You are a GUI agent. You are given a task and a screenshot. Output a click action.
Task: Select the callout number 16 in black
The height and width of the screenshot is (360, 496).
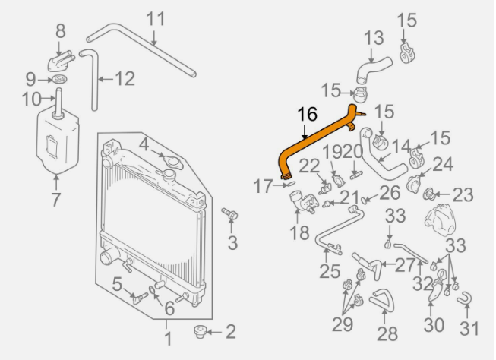pyautogui.click(x=307, y=114)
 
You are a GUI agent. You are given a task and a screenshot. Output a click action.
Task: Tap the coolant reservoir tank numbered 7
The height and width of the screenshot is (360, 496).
pyautogui.click(x=57, y=141)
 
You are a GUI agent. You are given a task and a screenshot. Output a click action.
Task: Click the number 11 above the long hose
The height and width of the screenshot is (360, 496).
pyautogui.click(x=156, y=19)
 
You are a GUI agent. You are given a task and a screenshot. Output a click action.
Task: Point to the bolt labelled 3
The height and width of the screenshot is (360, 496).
pyautogui.click(x=230, y=213)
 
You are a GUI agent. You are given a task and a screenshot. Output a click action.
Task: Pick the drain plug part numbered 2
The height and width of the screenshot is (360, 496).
pyautogui.click(x=200, y=332)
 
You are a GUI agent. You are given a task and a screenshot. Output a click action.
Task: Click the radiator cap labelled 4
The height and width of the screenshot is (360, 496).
pyautogui.click(x=170, y=160)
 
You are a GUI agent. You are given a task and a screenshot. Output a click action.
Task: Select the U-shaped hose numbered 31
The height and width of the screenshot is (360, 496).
pyautogui.click(x=465, y=298)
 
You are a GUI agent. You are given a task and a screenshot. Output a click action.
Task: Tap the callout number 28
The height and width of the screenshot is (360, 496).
pyautogui.click(x=387, y=333)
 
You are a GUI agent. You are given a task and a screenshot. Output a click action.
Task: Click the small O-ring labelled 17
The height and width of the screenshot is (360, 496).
pyautogui.click(x=291, y=184)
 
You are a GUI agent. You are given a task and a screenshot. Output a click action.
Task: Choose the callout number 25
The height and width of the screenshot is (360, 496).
pyautogui.click(x=330, y=271)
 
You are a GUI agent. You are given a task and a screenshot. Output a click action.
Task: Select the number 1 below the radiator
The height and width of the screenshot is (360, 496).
pyautogui.click(x=168, y=339)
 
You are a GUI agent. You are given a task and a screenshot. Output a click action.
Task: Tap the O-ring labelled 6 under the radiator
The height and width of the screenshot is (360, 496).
pyautogui.click(x=152, y=289)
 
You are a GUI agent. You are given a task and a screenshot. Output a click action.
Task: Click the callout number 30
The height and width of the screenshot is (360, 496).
pyautogui.click(x=434, y=325)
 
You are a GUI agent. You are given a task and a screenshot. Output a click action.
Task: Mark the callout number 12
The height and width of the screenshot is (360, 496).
pyautogui.click(x=125, y=78)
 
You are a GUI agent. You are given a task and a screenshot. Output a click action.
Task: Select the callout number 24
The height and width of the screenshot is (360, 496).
pyautogui.click(x=442, y=164)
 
